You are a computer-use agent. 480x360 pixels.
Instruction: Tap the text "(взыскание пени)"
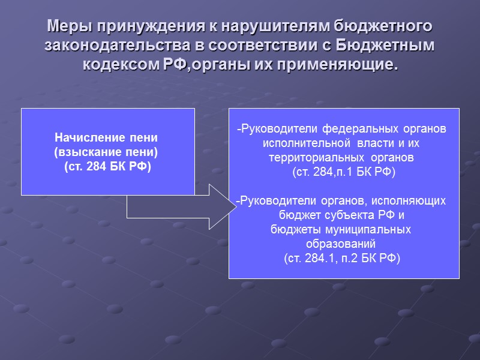108,151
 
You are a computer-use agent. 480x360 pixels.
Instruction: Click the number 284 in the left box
97,166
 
